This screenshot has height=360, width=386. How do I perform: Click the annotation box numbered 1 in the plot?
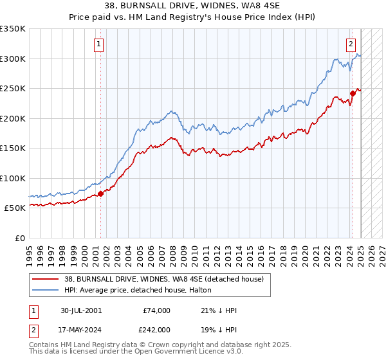(x=99, y=44)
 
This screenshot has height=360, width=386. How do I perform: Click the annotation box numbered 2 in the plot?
(x=351, y=44)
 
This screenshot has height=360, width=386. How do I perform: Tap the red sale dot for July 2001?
(x=100, y=194)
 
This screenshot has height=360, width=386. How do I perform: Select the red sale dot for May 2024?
(x=353, y=94)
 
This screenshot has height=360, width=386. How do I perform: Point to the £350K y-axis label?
(x=13, y=29)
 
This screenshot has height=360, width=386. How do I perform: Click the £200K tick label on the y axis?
(x=13, y=118)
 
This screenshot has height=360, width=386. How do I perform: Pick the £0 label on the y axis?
(x=21, y=238)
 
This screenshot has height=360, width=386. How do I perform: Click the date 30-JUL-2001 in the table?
(x=81, y=310)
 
